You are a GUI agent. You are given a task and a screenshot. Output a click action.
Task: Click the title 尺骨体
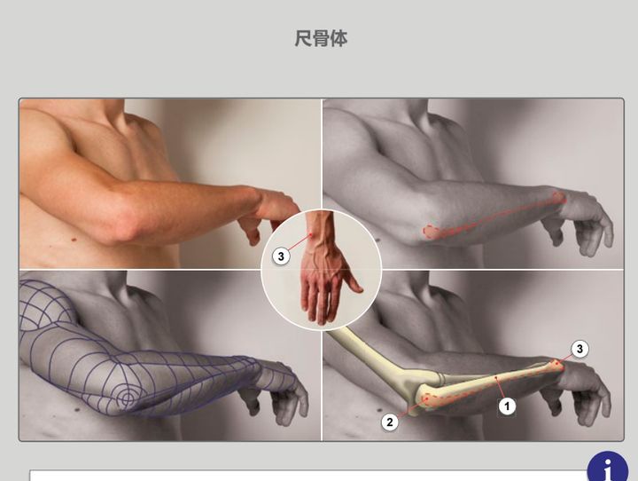tap(321, 39)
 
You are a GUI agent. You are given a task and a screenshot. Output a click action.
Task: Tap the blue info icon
tap(607, 467)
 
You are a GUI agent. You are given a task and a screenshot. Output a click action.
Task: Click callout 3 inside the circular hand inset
tap(281, 256)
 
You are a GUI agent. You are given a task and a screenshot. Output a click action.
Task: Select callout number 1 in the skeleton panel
tap(507, 406)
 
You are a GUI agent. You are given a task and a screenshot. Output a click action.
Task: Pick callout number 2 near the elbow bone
tap(390, 422)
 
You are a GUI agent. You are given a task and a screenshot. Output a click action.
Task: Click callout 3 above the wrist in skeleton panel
tap(580, 349)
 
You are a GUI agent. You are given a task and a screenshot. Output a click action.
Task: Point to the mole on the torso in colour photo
tap(74, 240)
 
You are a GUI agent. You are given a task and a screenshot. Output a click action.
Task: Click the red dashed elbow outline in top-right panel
tap(432, 232)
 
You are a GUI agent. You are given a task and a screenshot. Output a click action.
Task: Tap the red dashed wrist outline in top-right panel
tap(559, 198)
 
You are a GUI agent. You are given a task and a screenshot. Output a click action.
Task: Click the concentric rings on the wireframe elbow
tap(127, 398)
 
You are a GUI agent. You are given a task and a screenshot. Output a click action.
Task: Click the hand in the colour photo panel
tap(268, 214)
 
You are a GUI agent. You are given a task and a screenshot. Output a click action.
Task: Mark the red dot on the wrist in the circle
tap(311, 234)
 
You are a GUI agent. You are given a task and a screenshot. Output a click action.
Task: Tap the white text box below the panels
tap(308, 476)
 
